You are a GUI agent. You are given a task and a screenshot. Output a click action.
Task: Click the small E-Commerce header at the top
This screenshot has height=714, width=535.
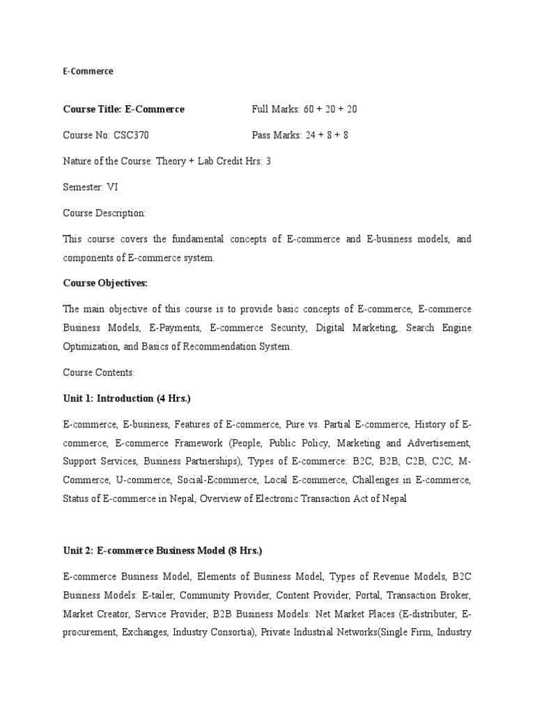click(88, 71)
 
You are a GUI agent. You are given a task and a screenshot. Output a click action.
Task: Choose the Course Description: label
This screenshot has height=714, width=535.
click(104, 213)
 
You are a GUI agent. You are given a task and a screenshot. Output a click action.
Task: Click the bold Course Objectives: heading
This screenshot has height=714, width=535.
click(105, 283)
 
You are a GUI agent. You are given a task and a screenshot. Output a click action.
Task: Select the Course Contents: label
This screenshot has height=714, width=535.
click(98, 372)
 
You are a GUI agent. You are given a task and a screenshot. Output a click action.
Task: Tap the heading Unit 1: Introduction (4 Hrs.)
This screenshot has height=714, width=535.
click(127, 398)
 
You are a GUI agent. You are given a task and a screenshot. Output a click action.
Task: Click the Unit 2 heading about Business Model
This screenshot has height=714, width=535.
click(162, 551)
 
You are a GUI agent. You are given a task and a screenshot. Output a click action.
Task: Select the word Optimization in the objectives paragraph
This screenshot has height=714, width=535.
click(90, 347)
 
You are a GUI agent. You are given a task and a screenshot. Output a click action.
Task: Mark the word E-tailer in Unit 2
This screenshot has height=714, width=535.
click(161, 595)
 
